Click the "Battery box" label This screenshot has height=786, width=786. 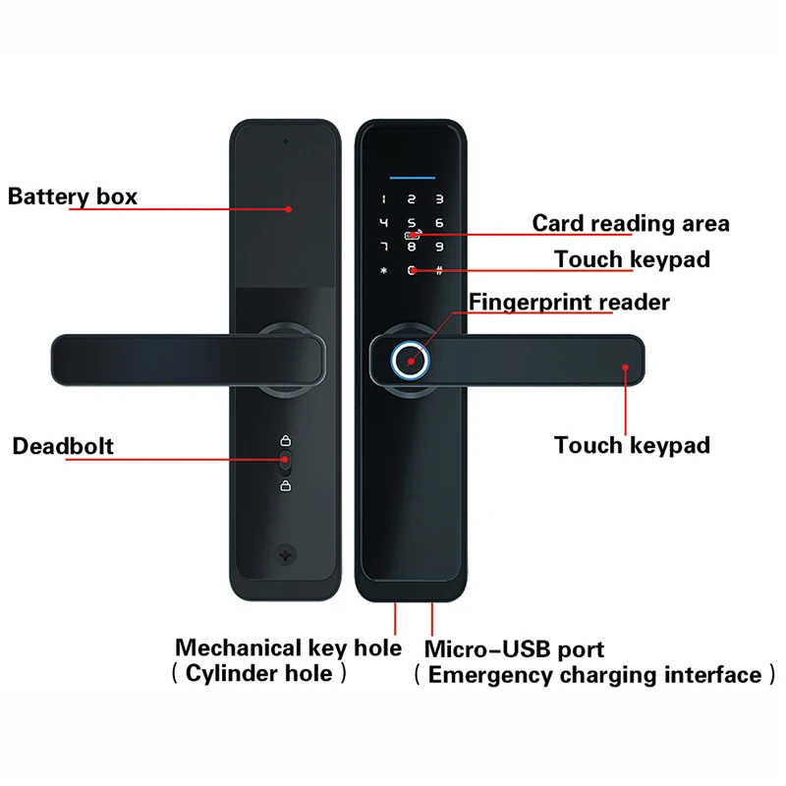pyautogui.click(x=73, y=196)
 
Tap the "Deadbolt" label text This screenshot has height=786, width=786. pyautogui.click(x=63, y=446)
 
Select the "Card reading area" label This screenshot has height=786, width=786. pyautogui.click(x=631, y=223)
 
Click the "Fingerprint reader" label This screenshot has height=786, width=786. pyautogui.click(x=569, y=302)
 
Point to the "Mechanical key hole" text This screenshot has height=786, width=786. pyautogui.click(x=288, y=647)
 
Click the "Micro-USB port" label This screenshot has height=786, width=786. pyautogui.click(x=514, y=649)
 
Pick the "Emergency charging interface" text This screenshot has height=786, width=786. pyautogui.click(x=594, y=675)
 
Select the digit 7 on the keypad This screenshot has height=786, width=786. pyautogui.click(x=384, y=247)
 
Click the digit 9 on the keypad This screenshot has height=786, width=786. pyautogui.click(x=439, y=247)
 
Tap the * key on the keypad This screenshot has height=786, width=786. pyautogui.click(x=384, y=271)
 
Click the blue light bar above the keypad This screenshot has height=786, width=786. pyautogui.click(x=412, y=178)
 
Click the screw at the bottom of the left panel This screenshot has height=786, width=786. pyautogui.click(x=286, y=553)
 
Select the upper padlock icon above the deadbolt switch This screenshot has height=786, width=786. pyautogui.click(x=285, y=440)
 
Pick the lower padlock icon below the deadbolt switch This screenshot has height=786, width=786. pyautogui.click(x=285, y=484)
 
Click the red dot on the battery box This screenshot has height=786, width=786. pyautogui.click(x=288, y=208)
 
